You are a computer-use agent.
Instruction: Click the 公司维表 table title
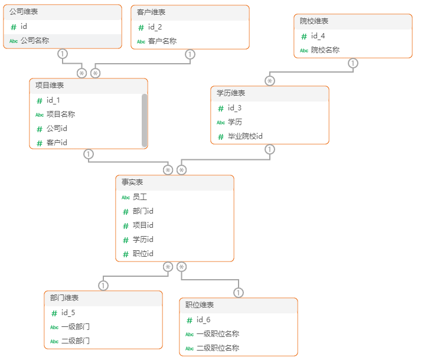coord(24,12)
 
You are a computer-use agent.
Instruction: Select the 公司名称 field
coord(34,41)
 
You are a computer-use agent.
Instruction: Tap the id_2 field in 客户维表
coord(155,27)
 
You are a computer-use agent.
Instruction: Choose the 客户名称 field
coord(162,41)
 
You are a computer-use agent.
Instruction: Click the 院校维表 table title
coord(314,21)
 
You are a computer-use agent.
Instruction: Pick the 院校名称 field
coord(325,50)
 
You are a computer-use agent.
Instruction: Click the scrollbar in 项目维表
coord(145,120)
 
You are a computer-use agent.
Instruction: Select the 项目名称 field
coord(60,114)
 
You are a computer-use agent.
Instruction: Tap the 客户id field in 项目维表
coord(57,143)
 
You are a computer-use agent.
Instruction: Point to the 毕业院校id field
coord(245,136)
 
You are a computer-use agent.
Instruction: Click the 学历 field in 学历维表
coord(234,122)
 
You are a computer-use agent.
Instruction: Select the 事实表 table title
coord(132,182)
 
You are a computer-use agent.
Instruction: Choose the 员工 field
coord(140,197)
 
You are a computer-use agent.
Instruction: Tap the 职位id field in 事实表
coord(143,254)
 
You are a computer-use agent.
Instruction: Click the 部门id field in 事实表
coord(143,211)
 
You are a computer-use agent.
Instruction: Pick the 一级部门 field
coord(75,327)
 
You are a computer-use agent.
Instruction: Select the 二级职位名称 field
coord(217,348)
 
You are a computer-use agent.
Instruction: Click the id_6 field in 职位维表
coord(203,320)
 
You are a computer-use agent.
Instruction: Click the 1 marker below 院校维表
coord(353,63)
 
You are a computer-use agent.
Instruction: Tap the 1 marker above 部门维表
coord(103,286)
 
